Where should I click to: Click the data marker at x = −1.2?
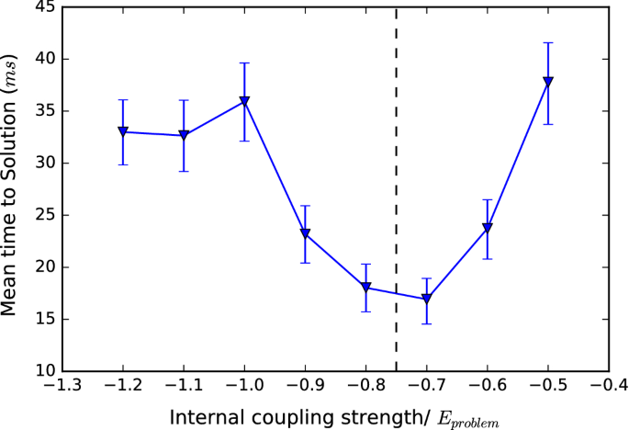[x=122, y=131]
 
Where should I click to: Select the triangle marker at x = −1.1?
[x=184, y=135]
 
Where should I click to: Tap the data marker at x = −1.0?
[x=244, y=101]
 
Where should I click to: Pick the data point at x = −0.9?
[x=306, y=233]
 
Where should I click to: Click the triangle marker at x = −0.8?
[x=366, y=287]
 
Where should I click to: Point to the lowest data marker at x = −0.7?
[x=427, y=299]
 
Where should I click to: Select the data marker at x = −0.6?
[x=488, y=227]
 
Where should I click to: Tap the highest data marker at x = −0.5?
[x=548, y=81]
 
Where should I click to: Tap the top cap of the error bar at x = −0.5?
[x=548, y=42]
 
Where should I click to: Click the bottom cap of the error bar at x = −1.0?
[x=244, y=141]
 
